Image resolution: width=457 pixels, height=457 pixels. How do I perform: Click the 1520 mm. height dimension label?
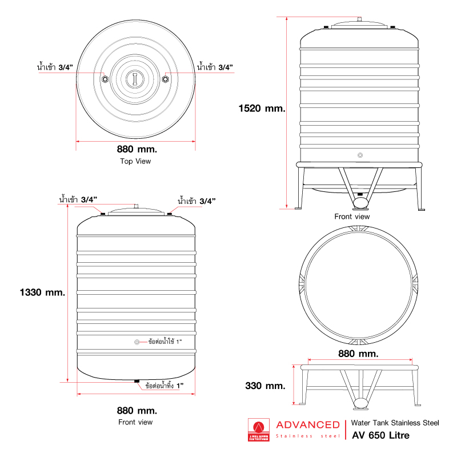[262, 109]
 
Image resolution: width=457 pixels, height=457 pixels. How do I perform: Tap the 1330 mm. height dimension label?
[42, 292]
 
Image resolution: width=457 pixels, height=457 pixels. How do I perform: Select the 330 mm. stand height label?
[265, 386]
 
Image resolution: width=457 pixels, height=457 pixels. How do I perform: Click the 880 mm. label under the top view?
[137, 149]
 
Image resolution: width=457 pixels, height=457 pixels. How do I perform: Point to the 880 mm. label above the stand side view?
[358, 354]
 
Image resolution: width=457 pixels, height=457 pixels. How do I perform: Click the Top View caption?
[135, 162]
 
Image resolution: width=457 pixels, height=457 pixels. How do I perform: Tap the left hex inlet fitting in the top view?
[105, 79]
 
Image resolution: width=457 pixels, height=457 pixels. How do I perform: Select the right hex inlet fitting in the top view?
[165, 79]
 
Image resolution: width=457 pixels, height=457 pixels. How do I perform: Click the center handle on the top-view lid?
[135, 79]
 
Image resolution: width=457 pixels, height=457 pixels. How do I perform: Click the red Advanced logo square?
[259, 430]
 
